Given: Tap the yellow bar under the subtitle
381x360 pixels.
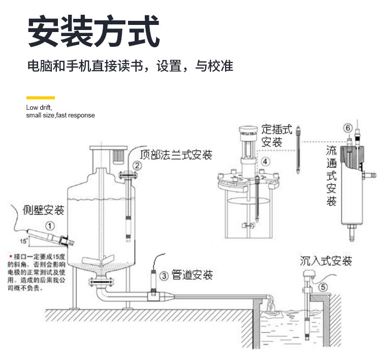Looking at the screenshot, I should [x=40, y=98].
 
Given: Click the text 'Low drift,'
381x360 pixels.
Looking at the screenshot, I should [x=39, y=107].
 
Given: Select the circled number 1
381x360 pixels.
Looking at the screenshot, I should [x=50, y=224].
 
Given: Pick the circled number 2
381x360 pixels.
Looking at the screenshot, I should [x=138, y=165].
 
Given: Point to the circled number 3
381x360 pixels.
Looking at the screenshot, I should [x=164, y=276].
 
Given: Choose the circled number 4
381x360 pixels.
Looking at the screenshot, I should [x=265, y=161].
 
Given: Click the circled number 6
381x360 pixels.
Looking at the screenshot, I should [x=348, y=128].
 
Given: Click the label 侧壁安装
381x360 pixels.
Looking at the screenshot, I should [x=44, y=209].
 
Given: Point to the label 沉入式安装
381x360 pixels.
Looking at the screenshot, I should [x=326, y=262].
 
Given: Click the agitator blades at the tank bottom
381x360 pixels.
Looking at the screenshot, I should [x=100, y=260].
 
